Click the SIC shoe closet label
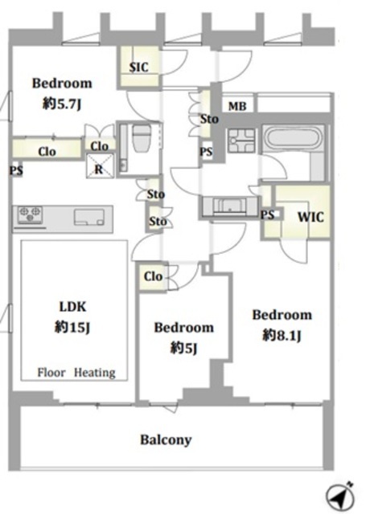138,67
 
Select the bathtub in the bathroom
293,138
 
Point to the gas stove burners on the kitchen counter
30,214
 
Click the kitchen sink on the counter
89,217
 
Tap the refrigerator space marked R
100,166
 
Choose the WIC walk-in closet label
310,217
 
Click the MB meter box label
237,106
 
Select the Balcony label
166,439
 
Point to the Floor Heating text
76,373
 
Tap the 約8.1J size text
282,335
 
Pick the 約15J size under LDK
72,327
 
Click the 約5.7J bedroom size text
62,104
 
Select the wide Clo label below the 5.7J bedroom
47,152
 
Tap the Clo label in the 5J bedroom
153,276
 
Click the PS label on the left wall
16,170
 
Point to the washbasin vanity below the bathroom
230,206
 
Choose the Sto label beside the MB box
209,119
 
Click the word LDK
72,307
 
